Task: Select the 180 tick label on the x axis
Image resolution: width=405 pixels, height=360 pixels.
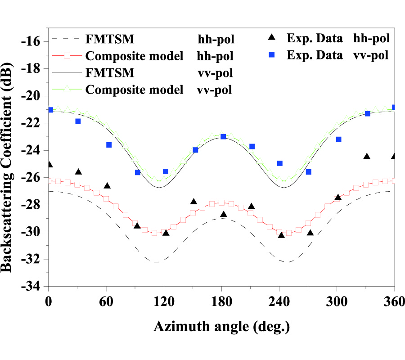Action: point(221,301)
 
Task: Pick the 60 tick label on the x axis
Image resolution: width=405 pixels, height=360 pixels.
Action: point(106,301)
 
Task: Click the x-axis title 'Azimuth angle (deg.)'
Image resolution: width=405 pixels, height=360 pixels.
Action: point(221,327)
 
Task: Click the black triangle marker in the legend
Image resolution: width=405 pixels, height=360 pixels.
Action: point(274,40)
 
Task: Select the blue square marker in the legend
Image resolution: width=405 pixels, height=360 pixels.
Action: point(274,55)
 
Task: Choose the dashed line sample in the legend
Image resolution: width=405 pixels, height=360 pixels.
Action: point(67,40)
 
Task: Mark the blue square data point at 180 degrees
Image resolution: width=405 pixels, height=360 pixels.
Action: point(223,136)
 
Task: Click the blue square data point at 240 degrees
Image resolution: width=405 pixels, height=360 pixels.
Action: point(280,163)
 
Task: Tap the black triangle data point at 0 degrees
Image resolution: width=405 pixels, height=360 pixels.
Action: point(49,165)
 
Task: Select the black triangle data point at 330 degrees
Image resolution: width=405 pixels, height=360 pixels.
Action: point(367,156)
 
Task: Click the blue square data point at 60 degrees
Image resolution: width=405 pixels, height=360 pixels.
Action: point(109,144)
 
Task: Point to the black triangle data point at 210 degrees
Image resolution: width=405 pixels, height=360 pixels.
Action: point(252,206)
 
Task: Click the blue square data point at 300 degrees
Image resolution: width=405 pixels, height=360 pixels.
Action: point(338,139)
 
